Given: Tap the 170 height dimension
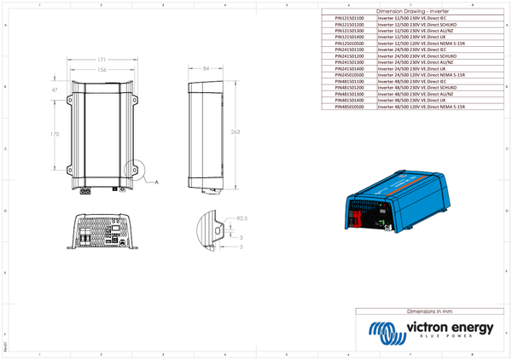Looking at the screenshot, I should click(55, 134).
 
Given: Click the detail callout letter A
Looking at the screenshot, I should click(157, 182).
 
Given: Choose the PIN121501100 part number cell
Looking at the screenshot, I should click(348, 17).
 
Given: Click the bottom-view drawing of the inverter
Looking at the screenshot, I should click(107, 230).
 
